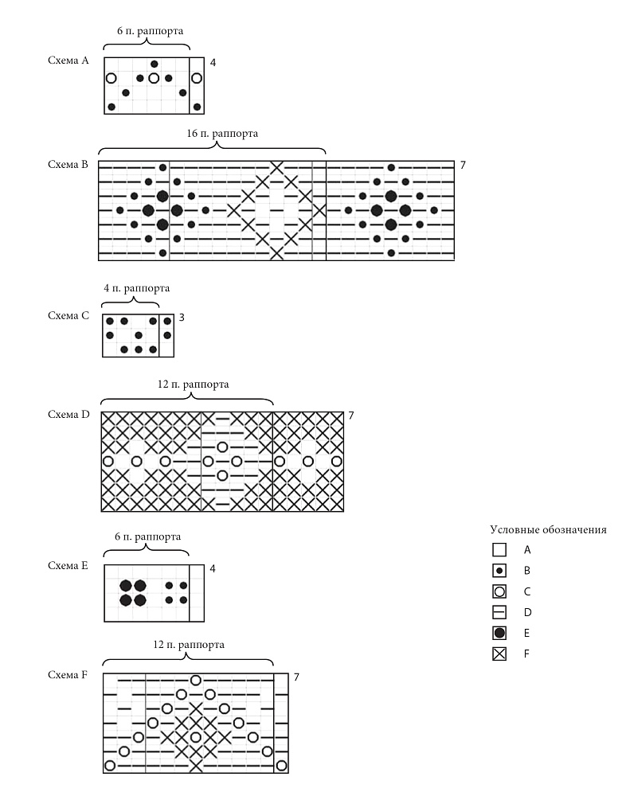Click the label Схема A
(68, 60)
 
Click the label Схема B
(68, 165)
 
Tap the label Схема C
(68, 315)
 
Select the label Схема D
(68, 414)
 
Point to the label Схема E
(68, 565)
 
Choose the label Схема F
(68, 675)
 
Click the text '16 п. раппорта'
(222, 134)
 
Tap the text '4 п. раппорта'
(137, 288)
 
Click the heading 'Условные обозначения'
(548, 530)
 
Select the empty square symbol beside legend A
(499, 550)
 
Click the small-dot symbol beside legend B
(499, 571)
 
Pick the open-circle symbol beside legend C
(499, 591)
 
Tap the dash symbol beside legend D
(499, 612)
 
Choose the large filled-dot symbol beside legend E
(499, 633)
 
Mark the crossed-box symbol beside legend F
(499, 654)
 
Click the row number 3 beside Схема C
(182, 318)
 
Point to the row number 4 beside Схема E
(213, 568)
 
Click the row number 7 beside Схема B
(463, 165)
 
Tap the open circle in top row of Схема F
(196, 681)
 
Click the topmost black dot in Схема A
(155, 64)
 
